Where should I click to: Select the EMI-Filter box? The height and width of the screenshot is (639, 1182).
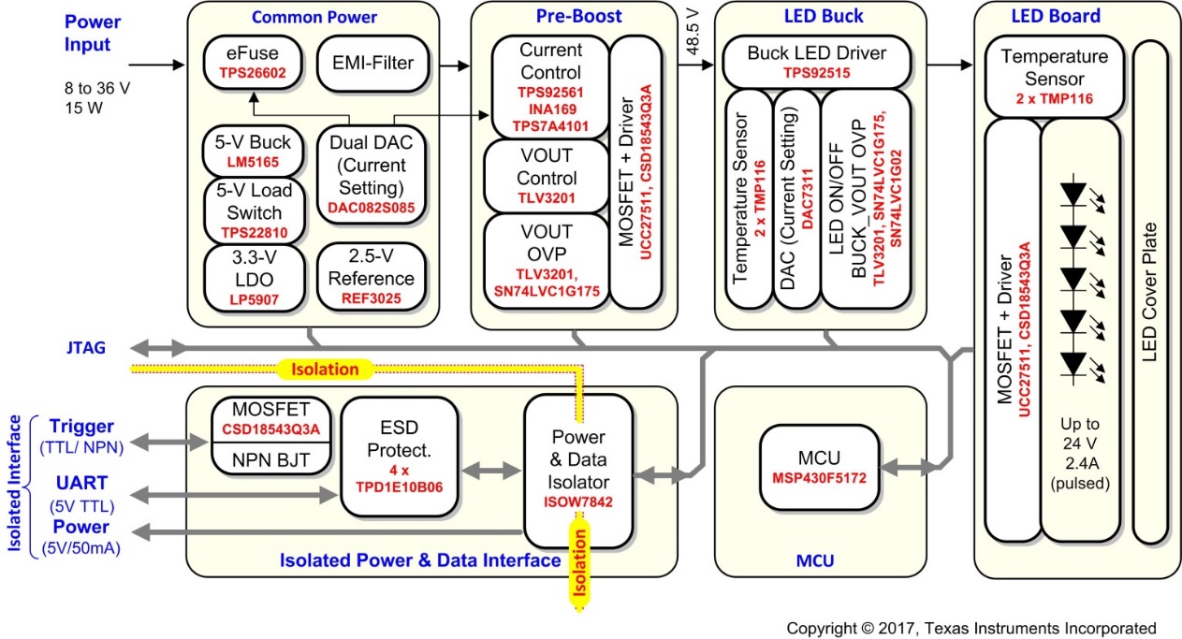373,64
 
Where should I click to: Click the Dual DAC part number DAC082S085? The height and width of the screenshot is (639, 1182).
372,208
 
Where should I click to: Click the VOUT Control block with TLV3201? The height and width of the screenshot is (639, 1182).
547,177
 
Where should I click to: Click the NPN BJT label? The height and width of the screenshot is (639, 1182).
270,460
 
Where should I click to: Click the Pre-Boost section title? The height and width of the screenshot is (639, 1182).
578,16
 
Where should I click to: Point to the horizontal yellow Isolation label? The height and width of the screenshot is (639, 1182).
324,370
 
